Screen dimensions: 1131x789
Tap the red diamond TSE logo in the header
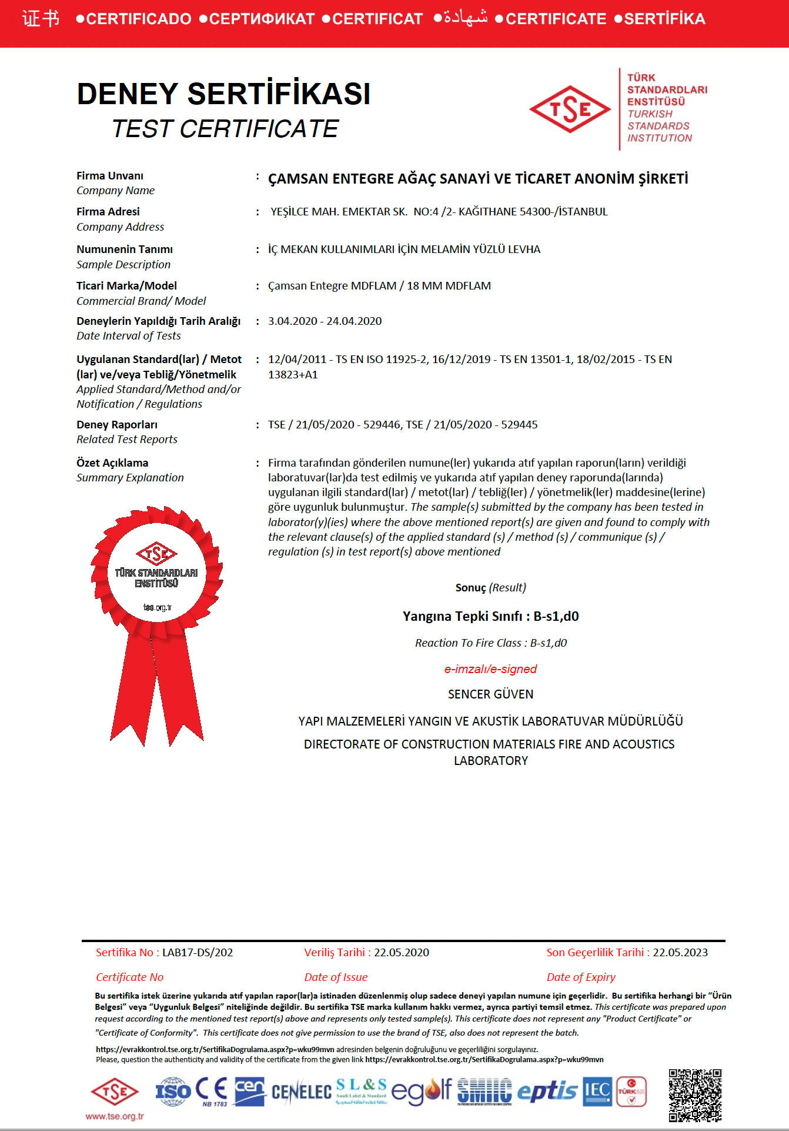(570, 109)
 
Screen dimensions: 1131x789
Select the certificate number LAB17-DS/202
(198, 953)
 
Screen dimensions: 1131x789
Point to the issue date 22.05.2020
(402, 953)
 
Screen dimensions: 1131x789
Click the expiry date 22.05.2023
(680, 953)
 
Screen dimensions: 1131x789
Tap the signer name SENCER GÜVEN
(490, 694)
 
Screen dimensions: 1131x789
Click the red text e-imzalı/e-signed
(490, 669)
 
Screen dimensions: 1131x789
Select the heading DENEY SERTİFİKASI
(223, 94)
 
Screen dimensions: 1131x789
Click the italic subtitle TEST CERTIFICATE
(225, 129)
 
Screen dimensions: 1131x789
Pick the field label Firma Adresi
(108, 212)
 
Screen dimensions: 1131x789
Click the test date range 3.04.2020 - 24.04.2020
(325, 321)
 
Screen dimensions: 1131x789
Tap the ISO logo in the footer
(173, 1092)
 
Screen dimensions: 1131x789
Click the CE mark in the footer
(212, 1090)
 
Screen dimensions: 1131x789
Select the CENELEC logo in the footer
(302, 1093)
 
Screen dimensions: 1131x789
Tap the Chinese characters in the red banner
(41, 19)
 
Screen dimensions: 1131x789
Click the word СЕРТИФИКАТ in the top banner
(262, 19)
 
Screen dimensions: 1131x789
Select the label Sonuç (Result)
(490, 588)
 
